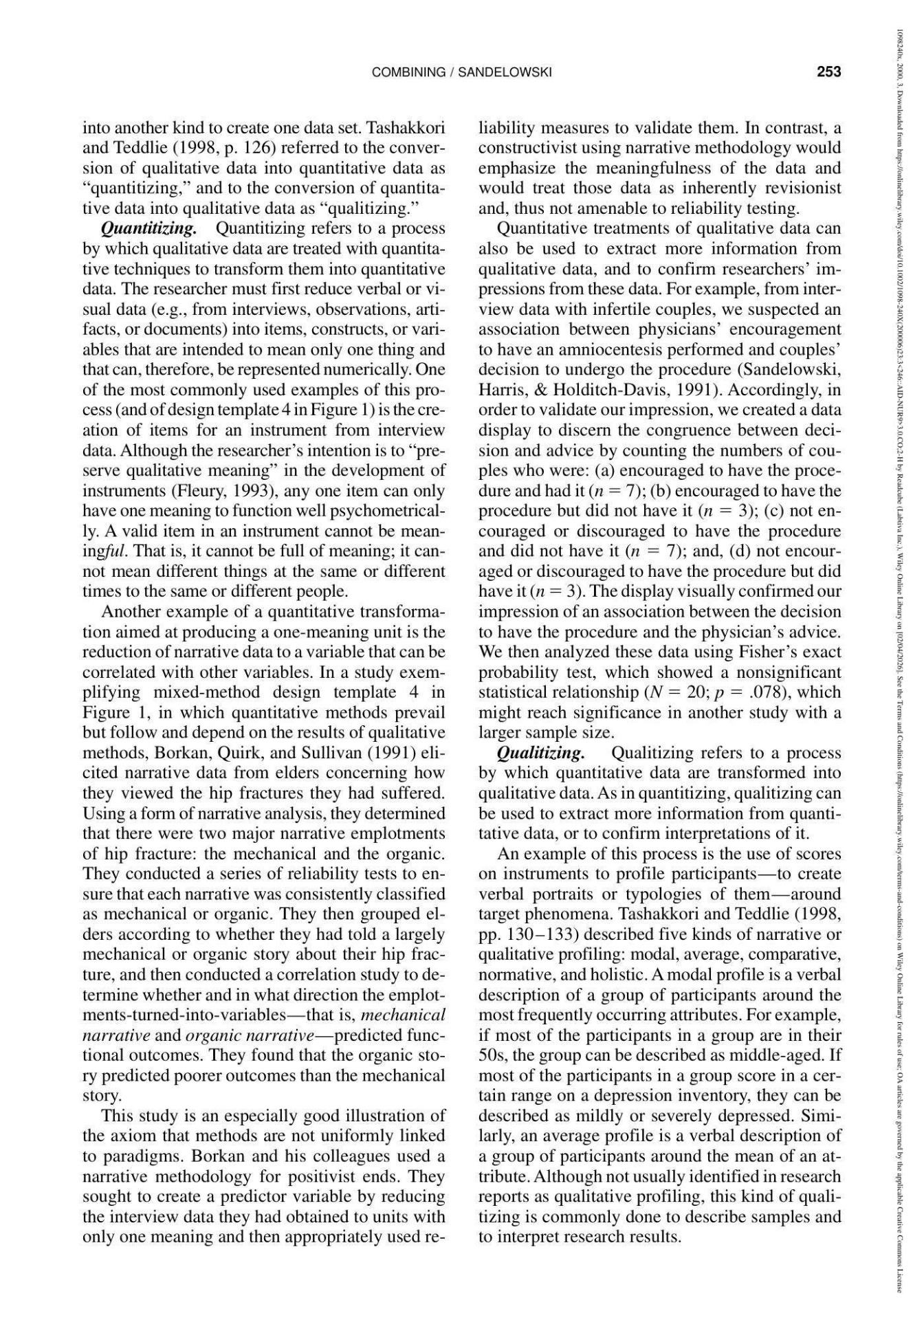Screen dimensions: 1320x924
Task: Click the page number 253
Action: pyautogui.click(x=829, y=72)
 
